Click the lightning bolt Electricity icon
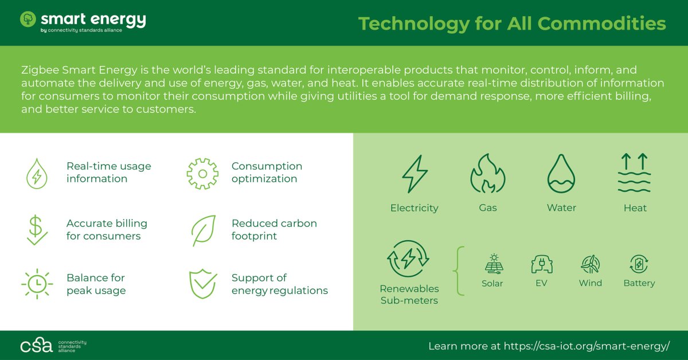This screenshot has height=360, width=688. pyautogui.click(x=414, y=174)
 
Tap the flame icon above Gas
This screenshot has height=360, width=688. pyautogui.click(x=488, y=174)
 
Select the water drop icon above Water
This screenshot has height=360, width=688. pyautogui.click(x=561, y=174)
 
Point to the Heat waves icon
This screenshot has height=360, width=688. pyautogui.click(x=634, y=173)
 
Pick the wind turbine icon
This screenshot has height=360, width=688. pyautogui.click(x=590, y=264)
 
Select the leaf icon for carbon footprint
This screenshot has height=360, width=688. pyautogui.click(x=202, y=230)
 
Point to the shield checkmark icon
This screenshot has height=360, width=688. pyautogui.click(x=202, y=284)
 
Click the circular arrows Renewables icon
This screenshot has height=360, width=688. pyautogui.click(x=408, y=259)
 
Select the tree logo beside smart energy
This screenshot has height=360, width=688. pyautogui.click(x=28, y=19)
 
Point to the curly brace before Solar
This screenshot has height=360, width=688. pyautogui.click(x=460, y=270)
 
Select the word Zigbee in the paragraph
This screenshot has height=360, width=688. pyautogui.click(x=39, y=70)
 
